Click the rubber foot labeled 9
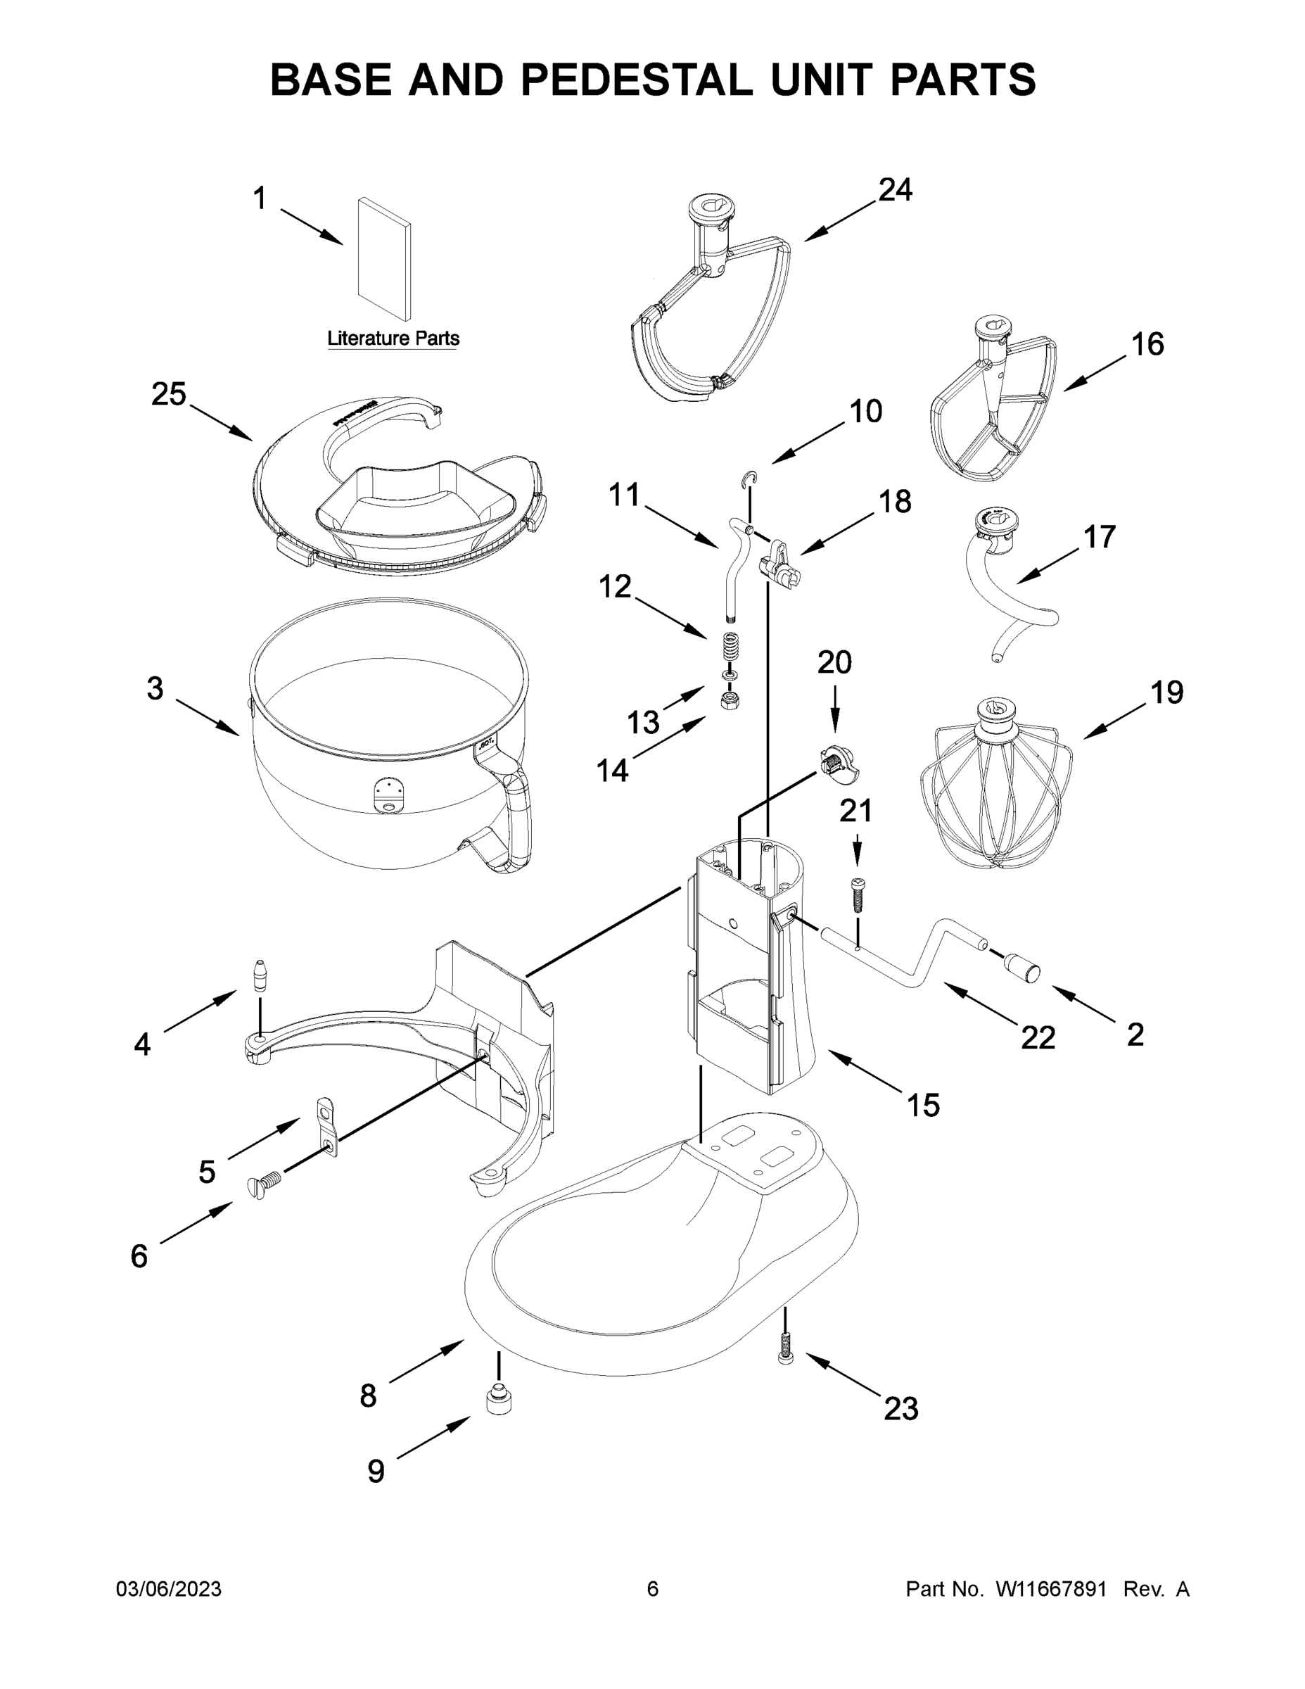(499, 1400)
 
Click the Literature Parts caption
(393, 338)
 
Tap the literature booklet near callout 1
(384, 258)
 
